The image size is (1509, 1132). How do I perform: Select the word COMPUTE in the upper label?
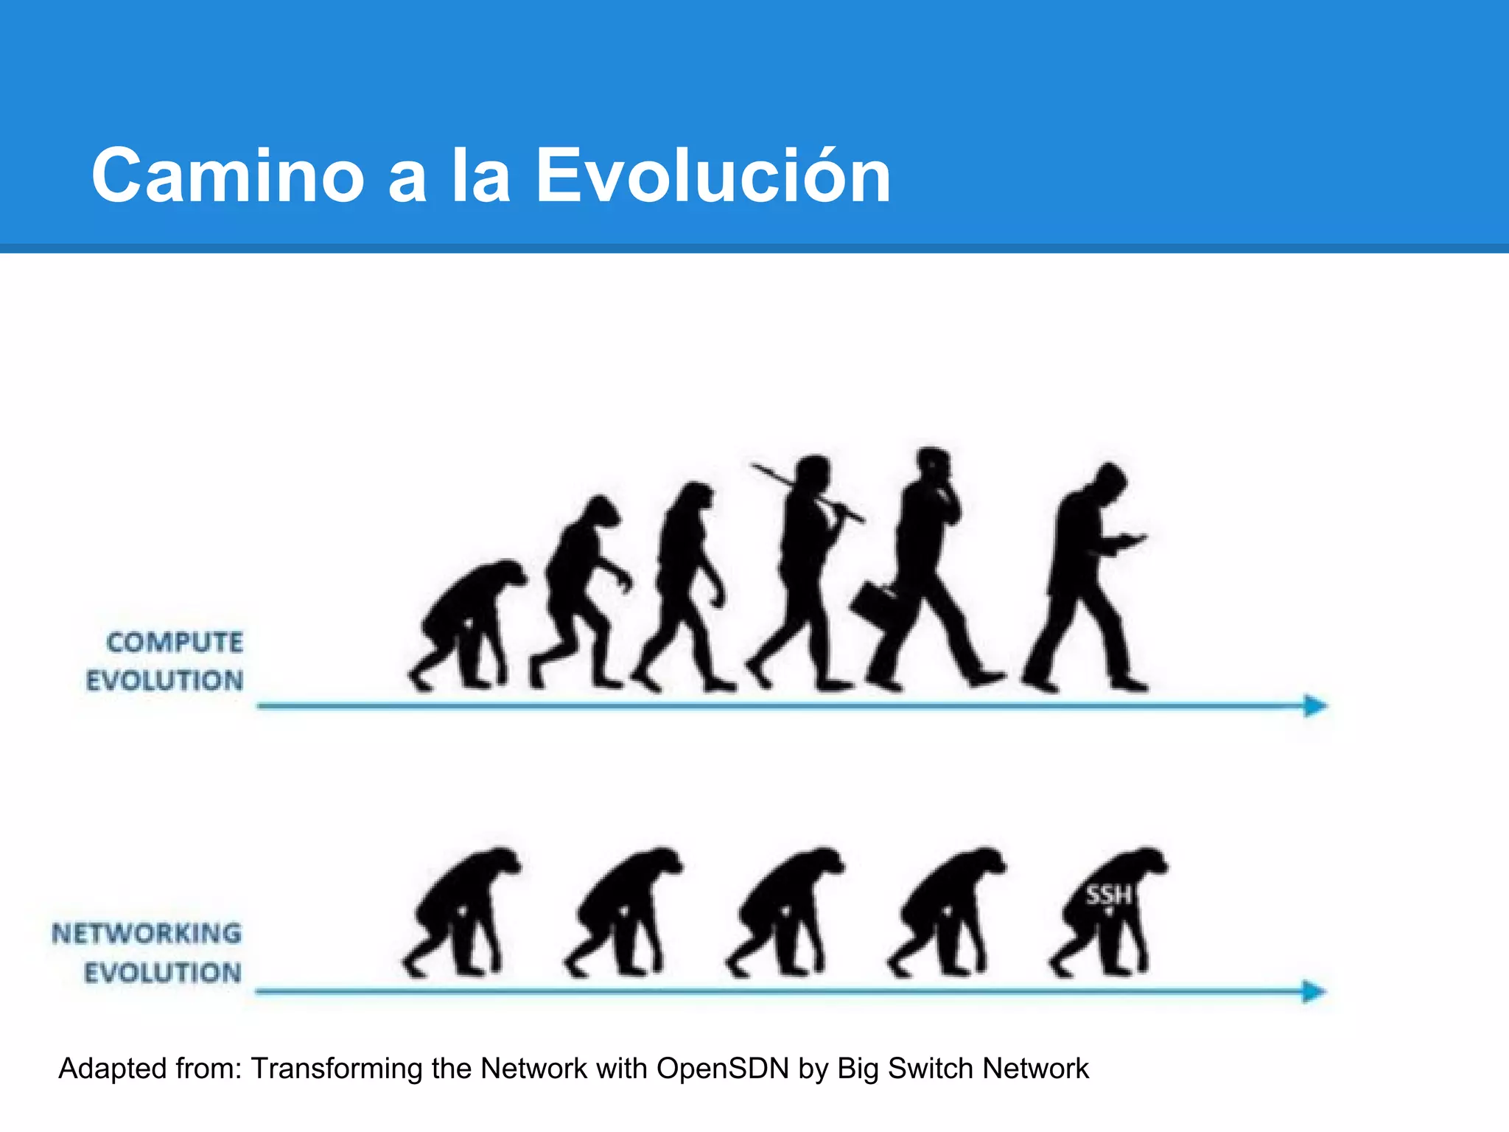coord(175,643)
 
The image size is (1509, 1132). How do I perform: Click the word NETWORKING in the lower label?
coord(147,934)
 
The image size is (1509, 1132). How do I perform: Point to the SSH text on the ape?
coord(1108,895)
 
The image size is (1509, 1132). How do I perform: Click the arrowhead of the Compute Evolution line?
coord(1314,705)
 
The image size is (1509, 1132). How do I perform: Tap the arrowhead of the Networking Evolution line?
coord(1314,991)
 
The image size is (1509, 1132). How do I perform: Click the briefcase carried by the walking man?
coord(874,604)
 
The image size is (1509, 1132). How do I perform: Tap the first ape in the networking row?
coord(461,914)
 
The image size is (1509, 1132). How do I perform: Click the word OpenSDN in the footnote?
coord(722,1069)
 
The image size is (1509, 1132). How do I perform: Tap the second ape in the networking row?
coord(623,914)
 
